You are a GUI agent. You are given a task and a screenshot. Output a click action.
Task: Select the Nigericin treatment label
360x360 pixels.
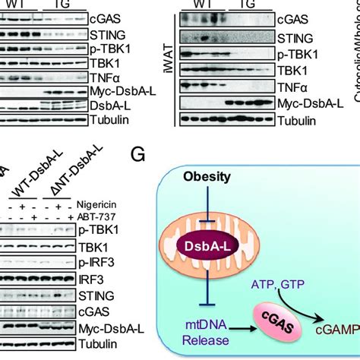[x=96, y=204]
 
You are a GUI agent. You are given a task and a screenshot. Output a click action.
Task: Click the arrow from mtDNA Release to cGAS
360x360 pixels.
[x=241, y=328]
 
